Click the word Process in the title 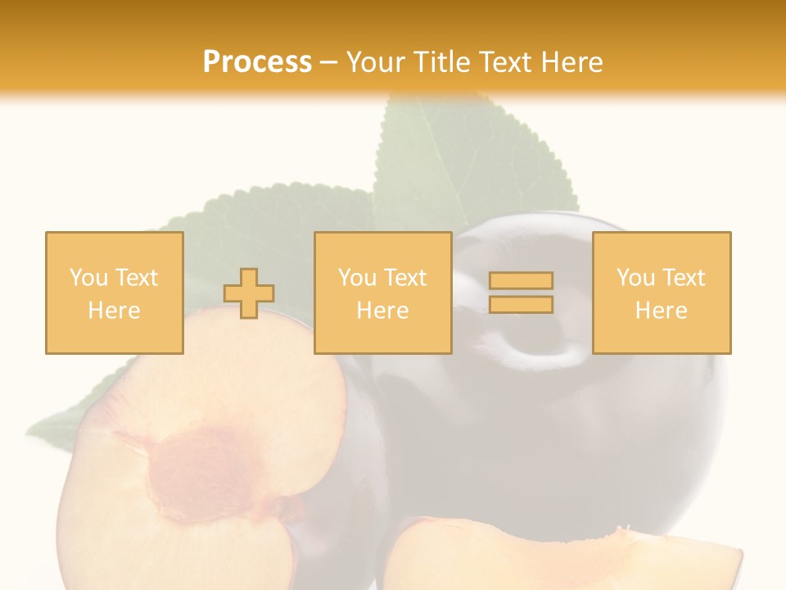pyautogui.click(x=257, y=62)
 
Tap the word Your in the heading pyautogui.click(x=377, y=62)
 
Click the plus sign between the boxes pyautogui.click(x=249, y=293)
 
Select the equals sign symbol pyautogui.click(x=521, y=293)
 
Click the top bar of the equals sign pyautogui.click(x=521, y=281)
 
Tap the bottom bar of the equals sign pyautogui.click(x=521, y=304)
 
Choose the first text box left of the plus pyautogui.click(x=114, y=293)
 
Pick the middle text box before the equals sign pyautogui.click(x=382, y=293)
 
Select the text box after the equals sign pyautogui.click(x=661, y=293)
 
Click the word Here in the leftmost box pyautogui.click(x=114, y=311)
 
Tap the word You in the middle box pyautogui.click(x=357, y=278)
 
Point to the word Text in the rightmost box pyautogui.click(x=683, y=278)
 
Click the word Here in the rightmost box pyautogui.click(x=661, y=311)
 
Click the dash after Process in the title pyautogui.click(x=328, y=62)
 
